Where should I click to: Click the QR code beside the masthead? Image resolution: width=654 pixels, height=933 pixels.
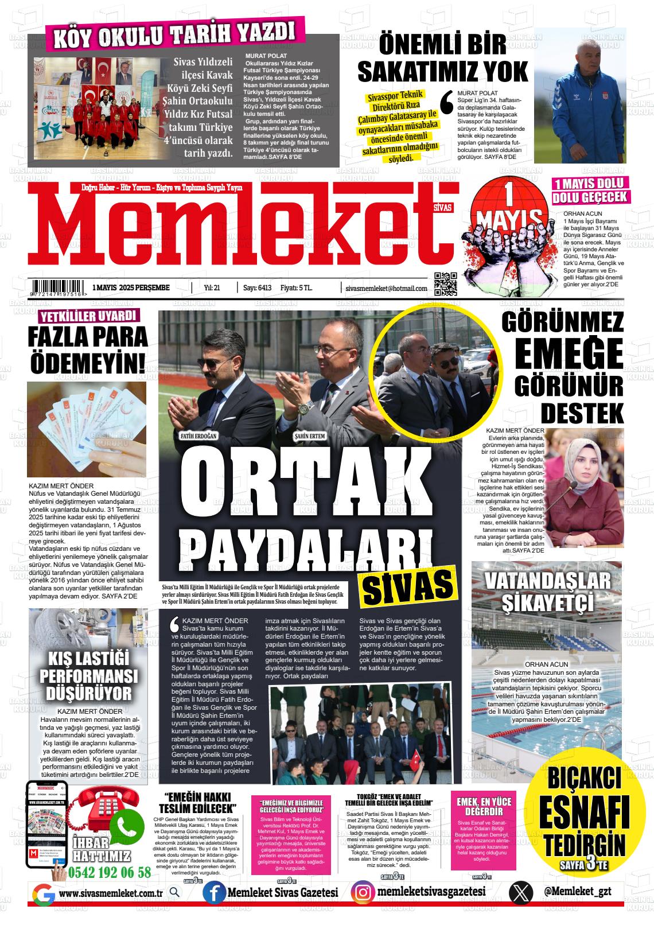445,283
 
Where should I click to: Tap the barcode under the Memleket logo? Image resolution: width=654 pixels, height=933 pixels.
57,287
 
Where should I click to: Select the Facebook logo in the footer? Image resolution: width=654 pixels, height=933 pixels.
214,893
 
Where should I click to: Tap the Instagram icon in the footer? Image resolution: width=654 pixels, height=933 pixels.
363,893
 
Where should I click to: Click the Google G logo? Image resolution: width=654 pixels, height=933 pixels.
43,894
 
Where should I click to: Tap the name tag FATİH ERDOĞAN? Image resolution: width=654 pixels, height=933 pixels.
198,436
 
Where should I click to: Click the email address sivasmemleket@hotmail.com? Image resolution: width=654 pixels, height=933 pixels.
386,289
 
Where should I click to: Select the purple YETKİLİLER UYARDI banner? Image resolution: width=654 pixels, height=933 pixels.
88,316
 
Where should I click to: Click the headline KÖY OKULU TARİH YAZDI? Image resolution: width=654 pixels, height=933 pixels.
174,36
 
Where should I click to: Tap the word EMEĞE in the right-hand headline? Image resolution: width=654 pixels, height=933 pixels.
569,354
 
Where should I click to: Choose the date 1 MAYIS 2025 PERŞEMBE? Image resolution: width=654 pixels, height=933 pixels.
131,288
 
